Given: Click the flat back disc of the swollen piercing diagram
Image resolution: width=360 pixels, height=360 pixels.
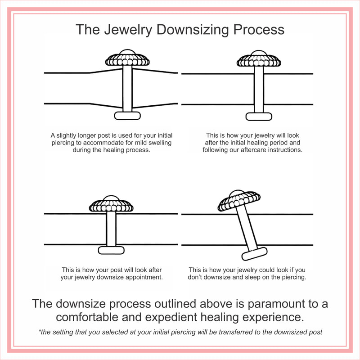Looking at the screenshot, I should tap(127, 116).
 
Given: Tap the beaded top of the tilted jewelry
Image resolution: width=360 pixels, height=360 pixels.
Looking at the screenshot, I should tap(239, 201).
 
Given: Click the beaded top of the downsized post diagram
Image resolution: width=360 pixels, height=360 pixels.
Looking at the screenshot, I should tap(111, 205).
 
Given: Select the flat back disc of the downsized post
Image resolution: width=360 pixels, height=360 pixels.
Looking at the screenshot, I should tap(111, 250).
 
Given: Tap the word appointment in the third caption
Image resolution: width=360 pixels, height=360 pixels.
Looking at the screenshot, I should tap(143, 277).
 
